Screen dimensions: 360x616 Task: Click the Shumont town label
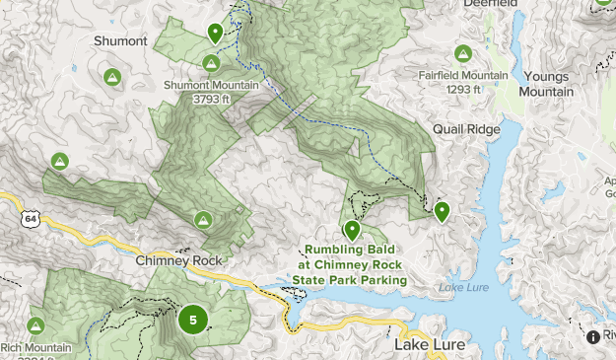tap(120, 41)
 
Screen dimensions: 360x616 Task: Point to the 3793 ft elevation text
tap(211, 99)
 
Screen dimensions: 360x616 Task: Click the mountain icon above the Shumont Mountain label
tap(210, 64)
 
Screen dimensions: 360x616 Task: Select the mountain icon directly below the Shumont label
tap(112, 76)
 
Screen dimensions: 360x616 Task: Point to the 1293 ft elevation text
tap(462, 90)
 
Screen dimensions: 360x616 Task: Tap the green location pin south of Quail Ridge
tap(443, 210)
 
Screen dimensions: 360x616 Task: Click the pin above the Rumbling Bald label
tap(352, 230)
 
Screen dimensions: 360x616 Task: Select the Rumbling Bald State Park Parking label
tap(350, 264)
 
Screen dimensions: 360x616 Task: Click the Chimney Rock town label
tap(180, 260)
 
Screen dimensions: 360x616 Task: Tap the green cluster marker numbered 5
tap(193, 319)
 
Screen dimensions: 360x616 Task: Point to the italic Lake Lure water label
tap(461, 287)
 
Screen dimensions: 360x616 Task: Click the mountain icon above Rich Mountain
tap(36, 325)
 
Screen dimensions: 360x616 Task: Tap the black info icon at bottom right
tap(593, 337)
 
